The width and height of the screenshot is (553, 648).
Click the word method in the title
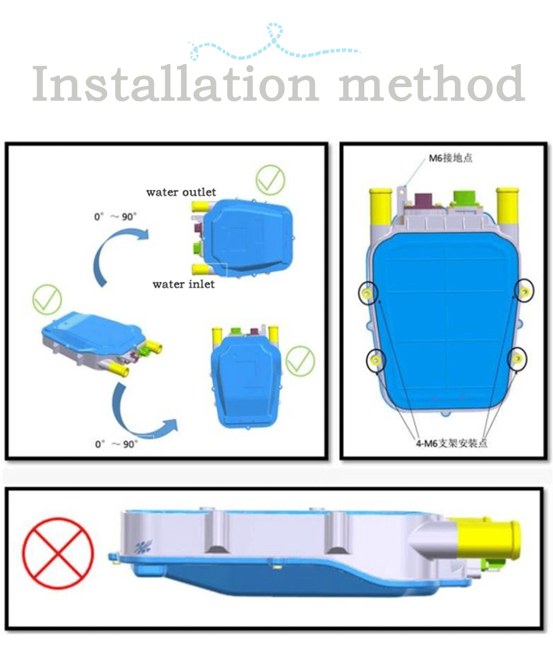432,83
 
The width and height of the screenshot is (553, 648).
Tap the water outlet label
181,192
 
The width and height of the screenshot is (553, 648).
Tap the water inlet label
184,284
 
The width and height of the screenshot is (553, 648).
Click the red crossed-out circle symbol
58,553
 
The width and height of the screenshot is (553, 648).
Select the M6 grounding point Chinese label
451,158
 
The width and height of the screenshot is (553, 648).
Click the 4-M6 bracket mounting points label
452,443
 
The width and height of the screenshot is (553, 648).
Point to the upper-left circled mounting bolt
367,293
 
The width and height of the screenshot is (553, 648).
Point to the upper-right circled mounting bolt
524,291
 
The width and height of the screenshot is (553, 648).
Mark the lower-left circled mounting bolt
376,360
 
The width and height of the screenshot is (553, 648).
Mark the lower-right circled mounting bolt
517,358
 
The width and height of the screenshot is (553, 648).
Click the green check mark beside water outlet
270,180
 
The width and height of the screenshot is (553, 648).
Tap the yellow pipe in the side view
487,537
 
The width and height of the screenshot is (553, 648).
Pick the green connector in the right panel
465,198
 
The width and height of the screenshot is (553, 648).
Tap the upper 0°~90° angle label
115,217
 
